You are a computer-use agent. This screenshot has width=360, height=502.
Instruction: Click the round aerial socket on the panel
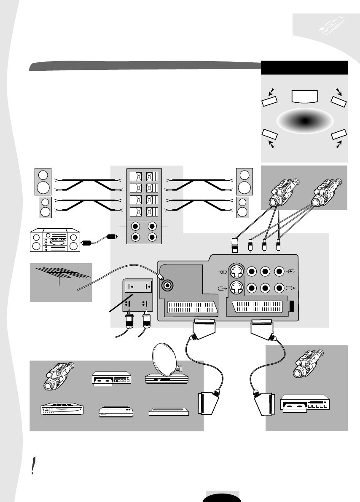168,285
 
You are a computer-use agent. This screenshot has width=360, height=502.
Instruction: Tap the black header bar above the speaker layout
304,67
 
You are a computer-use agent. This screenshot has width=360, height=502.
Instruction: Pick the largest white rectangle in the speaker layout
305,96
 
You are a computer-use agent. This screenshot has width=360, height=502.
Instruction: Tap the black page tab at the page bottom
223,497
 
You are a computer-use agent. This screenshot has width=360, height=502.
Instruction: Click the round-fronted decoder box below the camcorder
62,410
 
